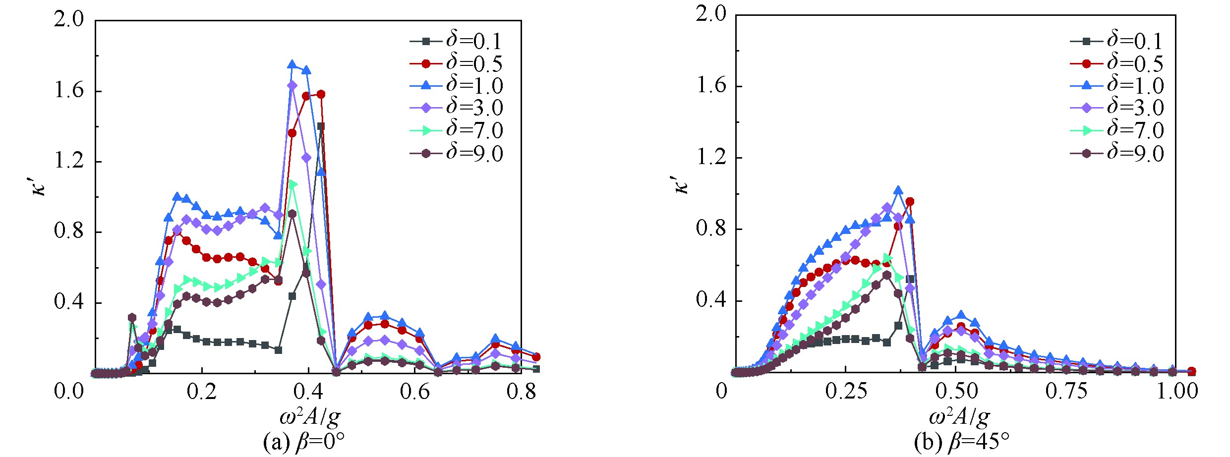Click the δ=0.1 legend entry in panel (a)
456,41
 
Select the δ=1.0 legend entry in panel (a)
456,86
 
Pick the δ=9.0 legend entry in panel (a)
456,153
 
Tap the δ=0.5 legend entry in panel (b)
1116,63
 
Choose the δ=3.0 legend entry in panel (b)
1116,108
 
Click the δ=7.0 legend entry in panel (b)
1116,130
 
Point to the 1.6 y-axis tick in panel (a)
69,92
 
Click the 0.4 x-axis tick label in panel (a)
309,392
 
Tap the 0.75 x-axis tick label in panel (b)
1066,391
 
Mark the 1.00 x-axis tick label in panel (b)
1176,391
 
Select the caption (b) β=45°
955,442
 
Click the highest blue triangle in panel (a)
292,64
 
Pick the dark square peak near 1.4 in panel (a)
321,126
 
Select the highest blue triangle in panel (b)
898,190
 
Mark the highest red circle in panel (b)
910,202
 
